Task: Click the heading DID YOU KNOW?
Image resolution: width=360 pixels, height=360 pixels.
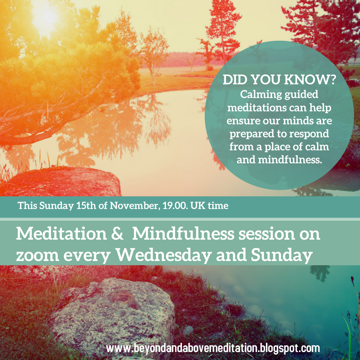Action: pyautogui.click(x=279, y=81)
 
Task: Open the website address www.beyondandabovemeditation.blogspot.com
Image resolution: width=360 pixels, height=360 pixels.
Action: pyautogui.click(x=213, y=348)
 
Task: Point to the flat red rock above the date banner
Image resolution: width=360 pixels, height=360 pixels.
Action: pyautogui.click(x=67, y=182)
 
